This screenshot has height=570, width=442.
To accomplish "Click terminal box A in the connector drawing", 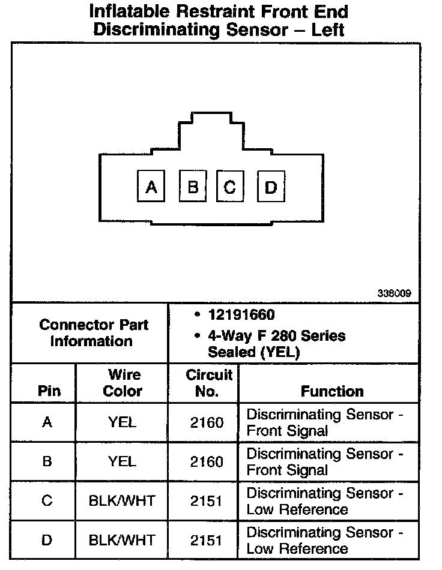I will point(151,187).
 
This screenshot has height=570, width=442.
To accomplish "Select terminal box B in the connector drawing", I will point(193,187).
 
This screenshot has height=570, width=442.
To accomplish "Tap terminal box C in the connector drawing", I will point(229,187).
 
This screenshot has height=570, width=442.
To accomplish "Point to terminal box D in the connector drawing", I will point(271,187).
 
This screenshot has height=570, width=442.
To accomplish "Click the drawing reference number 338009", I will point(395,293).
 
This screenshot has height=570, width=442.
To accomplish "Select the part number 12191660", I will point(241,315).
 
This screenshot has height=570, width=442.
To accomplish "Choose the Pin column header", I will point(49,391).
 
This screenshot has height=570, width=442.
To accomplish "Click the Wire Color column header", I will point(123,383).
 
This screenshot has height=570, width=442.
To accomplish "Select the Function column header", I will point(332,391).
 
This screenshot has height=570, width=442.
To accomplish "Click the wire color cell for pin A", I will point(123,422).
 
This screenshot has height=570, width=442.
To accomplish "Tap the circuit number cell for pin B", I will point(207,461).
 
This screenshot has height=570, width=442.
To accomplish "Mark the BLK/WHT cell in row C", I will point(123,501).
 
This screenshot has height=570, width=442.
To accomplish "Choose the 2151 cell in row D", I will point(207,541).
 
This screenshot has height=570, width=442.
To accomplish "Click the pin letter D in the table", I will point(47,541).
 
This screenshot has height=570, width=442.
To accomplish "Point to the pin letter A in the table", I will point(47,422).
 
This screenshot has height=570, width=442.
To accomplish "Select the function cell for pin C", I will point(324,501).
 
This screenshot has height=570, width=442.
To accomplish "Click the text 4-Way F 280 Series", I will point(276,335).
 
